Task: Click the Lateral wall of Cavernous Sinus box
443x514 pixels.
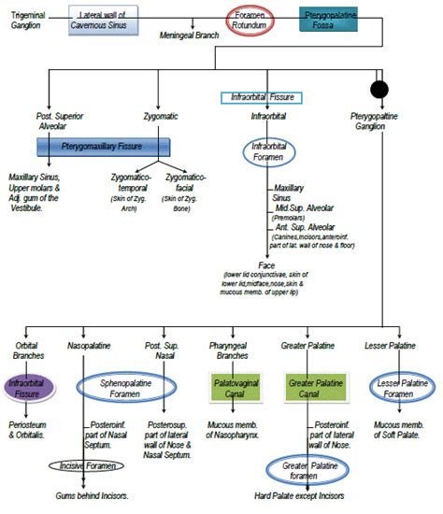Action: pyautogui.click(x=105, y=20)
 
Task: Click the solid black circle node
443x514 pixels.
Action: pyautogui.click(x=379, y=90)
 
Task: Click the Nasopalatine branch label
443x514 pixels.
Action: pyautogui.click(x=89, y=347)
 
